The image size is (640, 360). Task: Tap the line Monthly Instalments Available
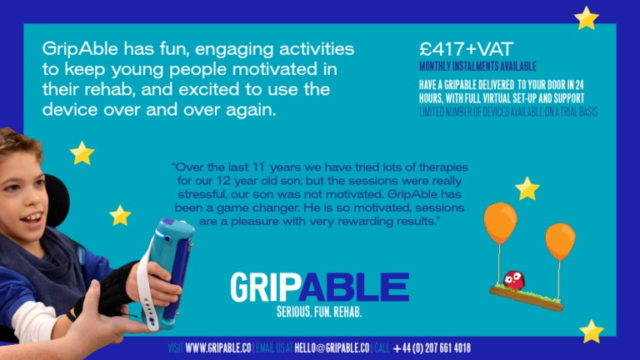pos(477,67)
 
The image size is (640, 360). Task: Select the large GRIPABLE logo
pos(319,287)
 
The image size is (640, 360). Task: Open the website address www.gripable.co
pos(218,347)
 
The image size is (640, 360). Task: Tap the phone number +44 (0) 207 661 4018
pos(432,347)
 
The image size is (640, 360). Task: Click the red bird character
pos(514,281)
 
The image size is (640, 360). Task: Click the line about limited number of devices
pos(508,112)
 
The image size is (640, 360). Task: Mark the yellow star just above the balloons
pos(527,188)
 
